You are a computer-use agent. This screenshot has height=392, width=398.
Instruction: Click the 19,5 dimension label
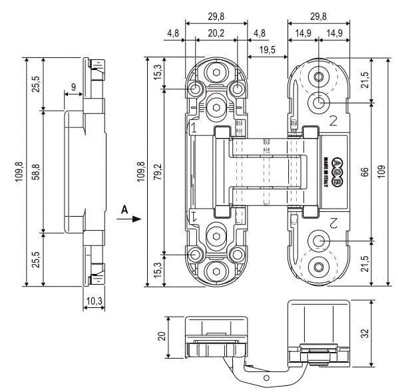[268, 50]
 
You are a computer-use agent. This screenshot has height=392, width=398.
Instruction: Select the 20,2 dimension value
[216, 33]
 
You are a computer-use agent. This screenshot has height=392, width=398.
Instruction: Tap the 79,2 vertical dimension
[158, 171]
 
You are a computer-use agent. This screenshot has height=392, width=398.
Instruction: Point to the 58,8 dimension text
[37, 172]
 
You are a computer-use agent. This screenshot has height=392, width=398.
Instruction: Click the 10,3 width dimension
[94, 301]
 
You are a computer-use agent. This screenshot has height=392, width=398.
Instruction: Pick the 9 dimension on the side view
[73, 87]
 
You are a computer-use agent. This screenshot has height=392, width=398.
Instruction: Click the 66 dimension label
[365, 172]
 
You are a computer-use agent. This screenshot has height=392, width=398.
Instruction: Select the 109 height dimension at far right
[381, 172]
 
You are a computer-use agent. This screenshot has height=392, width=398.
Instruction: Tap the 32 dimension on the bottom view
[365, 333]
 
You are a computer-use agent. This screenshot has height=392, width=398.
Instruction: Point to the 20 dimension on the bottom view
[162, 336]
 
